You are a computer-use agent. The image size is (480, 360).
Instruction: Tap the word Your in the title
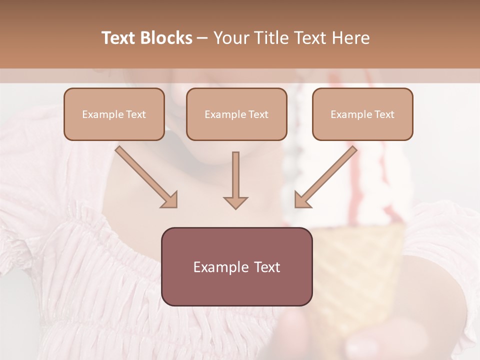pos(228,38)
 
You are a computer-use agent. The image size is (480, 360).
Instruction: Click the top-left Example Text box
pos(114,114)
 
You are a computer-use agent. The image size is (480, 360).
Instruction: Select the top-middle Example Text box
pos(236,114)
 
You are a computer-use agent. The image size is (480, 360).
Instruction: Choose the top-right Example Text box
pos(362,114)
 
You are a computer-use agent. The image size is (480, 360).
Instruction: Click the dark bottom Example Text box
pos(236,266)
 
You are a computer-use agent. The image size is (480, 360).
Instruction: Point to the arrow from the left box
pos(145,176)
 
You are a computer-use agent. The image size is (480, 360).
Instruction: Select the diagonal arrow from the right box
pos(327,176)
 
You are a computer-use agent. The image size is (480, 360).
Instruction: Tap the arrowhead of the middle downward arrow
pos(235,202)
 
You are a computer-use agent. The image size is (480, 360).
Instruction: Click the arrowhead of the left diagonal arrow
pos(170,200)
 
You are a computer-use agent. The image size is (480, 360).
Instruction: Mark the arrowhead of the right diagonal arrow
pos(302,200)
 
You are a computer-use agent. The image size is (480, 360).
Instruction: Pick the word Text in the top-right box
pos(384,114)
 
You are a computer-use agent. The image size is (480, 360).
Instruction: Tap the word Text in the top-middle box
pos(258,114)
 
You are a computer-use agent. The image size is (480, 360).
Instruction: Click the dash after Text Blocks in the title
pos(202,38)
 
